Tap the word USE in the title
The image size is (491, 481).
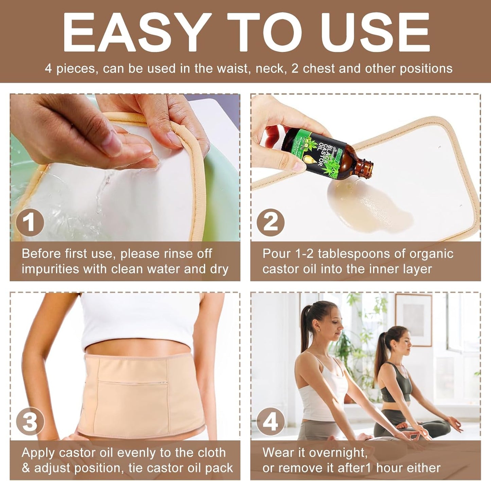(376, 33)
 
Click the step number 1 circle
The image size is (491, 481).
(30, 223)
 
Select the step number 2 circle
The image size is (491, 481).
(270, 223)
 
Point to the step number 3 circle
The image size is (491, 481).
(30, 422)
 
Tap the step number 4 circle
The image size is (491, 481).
(270, 422)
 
